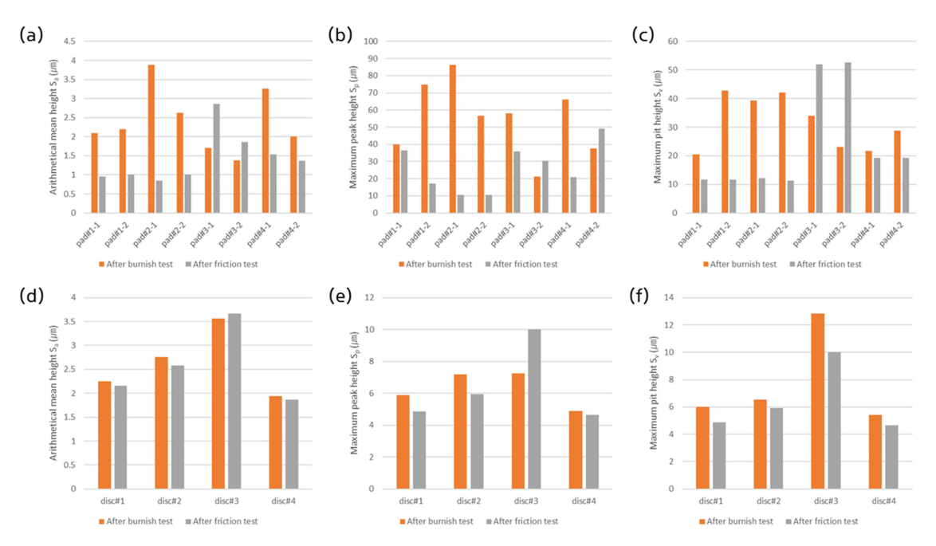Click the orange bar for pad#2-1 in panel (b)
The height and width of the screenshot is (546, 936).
pos(453,139)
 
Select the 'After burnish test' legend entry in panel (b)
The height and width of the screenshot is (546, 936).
pos(435,264)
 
